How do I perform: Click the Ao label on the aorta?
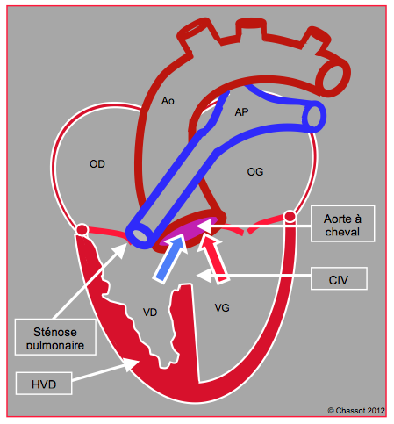tap(168, 101)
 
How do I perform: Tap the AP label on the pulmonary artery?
tap(241, 112)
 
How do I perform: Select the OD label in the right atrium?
tap(97, 164)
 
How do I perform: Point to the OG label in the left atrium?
tap(255, 172)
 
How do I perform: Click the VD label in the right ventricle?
tap(150, 313)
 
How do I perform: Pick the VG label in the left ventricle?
tap(222, 308)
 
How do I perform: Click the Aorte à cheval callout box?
tap(342, 224)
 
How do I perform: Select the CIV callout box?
tap(339, 278)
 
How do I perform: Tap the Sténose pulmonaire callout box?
tap(55, 337)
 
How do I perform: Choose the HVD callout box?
tap(44, 384)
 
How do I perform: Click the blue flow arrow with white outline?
tap(170, 258)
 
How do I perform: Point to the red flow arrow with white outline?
tap(213, 259)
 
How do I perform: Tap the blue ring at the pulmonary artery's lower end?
tap(140, 234)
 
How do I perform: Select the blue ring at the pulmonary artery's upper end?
tap(313, 117)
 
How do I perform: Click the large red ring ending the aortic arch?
tap(333, 76)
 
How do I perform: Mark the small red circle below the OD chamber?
tap(82, 229)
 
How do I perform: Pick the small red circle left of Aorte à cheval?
tap(290, 216)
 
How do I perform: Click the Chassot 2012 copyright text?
tap(356, 411)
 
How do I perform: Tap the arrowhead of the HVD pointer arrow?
tap(131, 363)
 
